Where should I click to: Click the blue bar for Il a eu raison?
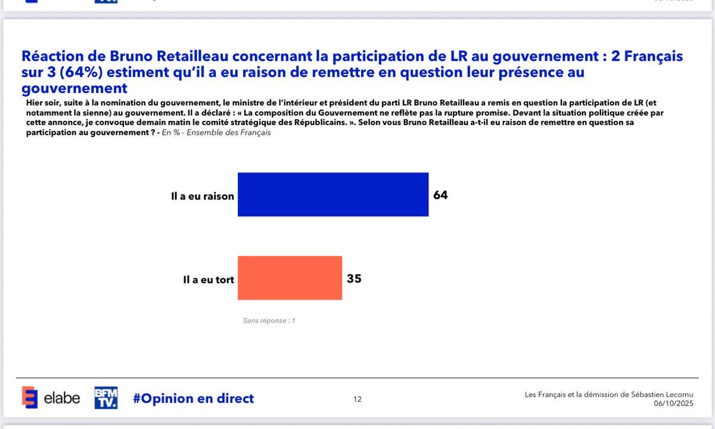[x=332, y=194]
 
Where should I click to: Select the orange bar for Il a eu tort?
[x=290, y=278]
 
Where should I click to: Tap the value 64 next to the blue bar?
[x=440, y=195]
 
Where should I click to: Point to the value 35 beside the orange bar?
[x=354, y=278]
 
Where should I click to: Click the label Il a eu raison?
[x=203, y=196]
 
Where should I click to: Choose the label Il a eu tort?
[x=209, y=279]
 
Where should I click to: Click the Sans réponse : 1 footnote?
[x=269, y=321]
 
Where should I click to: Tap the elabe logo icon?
[x=30, y=398]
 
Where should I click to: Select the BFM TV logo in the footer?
[x=106, y=398]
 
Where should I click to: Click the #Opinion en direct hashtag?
[x=193, y=399]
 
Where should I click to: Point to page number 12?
[x=357, y=399]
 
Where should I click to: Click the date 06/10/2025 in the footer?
[x=673, y=404]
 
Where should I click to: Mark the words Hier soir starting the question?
[x=42, y=103]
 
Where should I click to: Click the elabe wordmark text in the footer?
[x=61, y=399]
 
